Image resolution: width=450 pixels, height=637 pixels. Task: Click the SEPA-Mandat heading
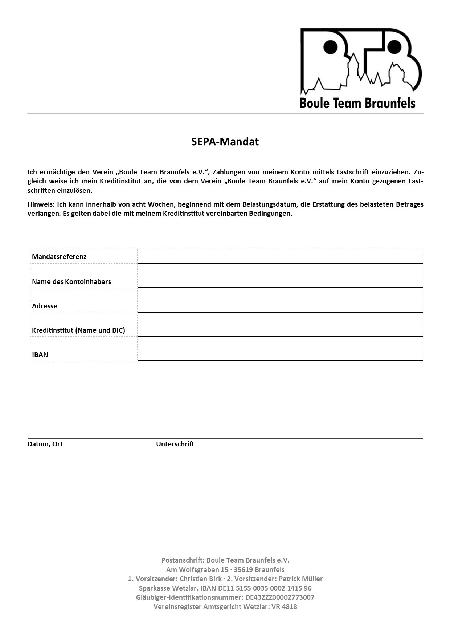(x=225, y=142)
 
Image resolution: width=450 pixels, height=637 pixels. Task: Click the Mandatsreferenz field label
(x=59, y=256)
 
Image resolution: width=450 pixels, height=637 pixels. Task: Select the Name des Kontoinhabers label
(x=71, y=281)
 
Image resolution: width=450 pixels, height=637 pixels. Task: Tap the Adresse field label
(x=45, y=306)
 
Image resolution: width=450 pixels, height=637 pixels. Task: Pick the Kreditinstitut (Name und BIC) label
(x=78, y=330)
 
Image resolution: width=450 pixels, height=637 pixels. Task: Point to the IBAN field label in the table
(x=40, y=354)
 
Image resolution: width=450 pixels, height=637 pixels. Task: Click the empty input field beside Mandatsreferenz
(x=280, y=256)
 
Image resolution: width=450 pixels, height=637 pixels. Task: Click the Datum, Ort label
(x=45, y=444)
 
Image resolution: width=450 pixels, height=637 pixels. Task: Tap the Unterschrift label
(x=175, y=444)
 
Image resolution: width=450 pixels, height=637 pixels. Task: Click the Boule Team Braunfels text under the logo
(x=357, y=103)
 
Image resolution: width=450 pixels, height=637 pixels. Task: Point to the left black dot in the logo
(x=330, y=46)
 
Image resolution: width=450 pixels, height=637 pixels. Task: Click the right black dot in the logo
(x=394, y=46)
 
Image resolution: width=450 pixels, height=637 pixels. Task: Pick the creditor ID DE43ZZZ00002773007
(x=280, y=597)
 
